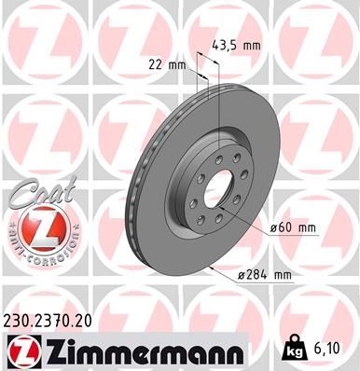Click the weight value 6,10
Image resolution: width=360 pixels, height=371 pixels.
(332, 350)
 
